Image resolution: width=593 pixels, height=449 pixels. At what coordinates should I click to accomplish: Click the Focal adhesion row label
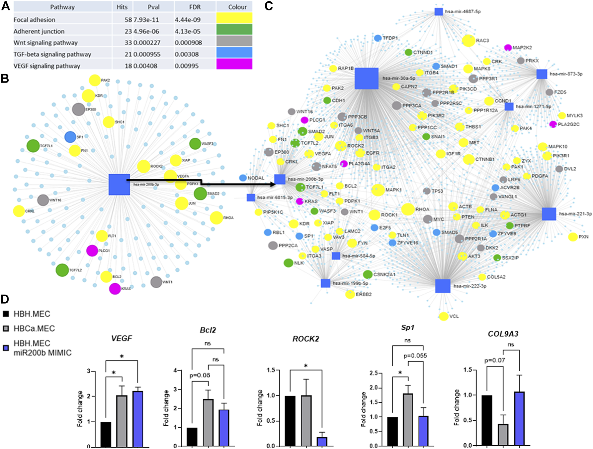[x=34, y=20]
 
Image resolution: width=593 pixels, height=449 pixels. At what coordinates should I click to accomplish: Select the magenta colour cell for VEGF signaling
[x=234, y=64]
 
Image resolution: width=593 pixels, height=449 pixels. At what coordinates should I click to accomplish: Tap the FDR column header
[x=195, y=7]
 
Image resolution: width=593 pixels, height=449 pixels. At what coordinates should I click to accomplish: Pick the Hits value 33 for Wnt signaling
[x=129, y=43]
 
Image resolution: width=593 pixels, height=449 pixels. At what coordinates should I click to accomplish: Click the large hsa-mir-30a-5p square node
[x=366, y=79]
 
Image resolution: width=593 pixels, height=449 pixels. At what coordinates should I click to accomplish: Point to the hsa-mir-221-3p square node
[x=549, y=214]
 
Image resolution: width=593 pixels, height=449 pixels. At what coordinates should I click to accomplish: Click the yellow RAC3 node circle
[x=469, y=41]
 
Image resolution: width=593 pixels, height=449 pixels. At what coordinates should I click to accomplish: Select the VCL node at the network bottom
[x=444, y=316]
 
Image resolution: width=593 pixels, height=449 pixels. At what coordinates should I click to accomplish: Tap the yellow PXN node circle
[x=573, y=237]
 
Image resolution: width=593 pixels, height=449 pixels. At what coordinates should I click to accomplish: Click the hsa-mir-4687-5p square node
[x=439, y=12]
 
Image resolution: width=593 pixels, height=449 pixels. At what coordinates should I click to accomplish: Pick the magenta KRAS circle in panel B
[x=115, y=289]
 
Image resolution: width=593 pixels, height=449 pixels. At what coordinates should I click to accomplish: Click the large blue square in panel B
[x=119, y=184]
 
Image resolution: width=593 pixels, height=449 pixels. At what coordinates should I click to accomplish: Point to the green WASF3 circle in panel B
[x=195, y=144]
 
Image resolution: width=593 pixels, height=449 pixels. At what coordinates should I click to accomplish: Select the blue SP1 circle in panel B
[x=70, y=137]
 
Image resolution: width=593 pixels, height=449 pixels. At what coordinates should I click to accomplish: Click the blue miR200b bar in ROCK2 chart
[x=322, y=441]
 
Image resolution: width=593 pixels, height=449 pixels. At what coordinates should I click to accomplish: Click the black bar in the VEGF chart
[x=106, y=434]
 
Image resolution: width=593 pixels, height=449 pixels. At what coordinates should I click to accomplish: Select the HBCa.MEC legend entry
[x=34, y=329]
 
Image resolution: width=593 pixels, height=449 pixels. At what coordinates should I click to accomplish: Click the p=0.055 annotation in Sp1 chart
[x=415, y=356]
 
